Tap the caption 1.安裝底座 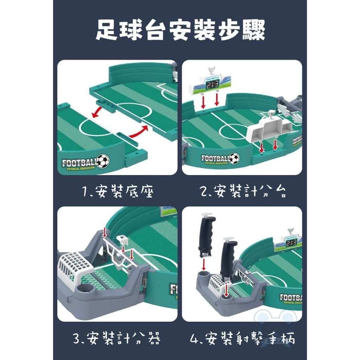(x=118, y=192)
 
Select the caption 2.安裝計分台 (x=242, y=192)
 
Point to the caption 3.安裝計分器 (x=118, y=339)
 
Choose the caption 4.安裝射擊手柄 (x=242, y=339)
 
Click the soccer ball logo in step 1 (x=103, y=161)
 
